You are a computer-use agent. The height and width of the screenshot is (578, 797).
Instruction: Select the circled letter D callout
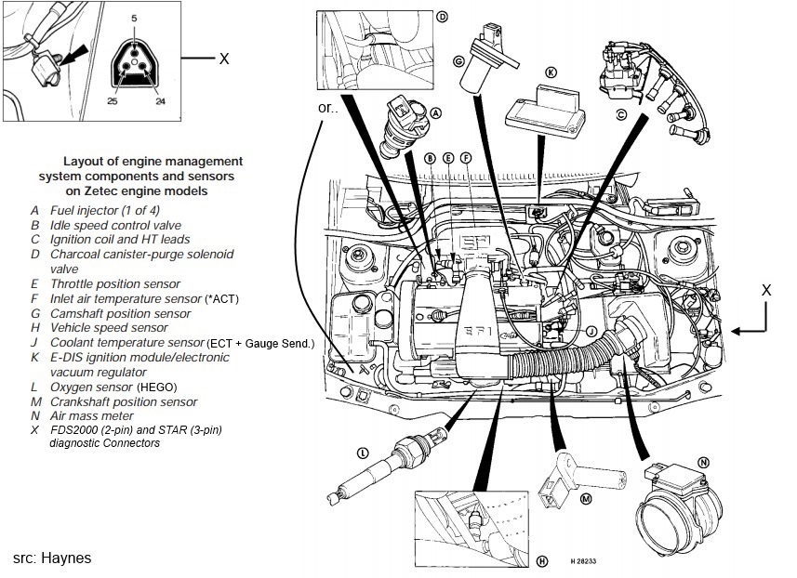[x=442, y=17]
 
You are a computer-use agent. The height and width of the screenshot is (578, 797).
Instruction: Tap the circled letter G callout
[x=458, y=61]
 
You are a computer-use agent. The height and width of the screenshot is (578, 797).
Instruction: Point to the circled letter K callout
[x=551, y=72]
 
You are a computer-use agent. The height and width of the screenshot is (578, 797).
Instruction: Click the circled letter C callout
[x=621, y=115]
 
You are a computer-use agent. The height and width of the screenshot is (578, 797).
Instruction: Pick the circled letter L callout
[x=362, y=453]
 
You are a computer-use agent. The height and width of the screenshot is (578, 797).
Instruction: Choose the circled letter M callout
[x=586, y=499]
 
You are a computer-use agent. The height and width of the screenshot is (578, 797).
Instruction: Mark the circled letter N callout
[x=704, y=462]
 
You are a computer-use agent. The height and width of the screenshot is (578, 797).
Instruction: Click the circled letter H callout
[x=542, y=559]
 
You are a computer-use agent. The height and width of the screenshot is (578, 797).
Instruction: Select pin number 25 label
[x=113, y=100]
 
